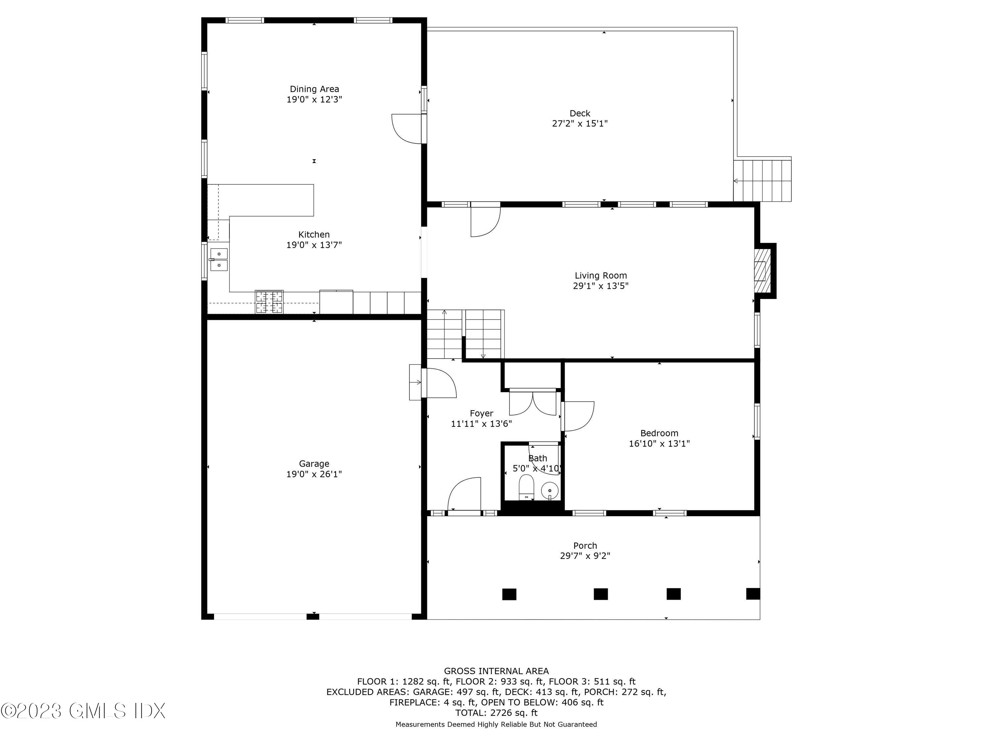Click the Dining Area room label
coord(314,89)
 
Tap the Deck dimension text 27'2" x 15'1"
coord(580,124)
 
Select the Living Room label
coord(601,275)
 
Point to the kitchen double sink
coord(219,260)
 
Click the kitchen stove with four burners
coord(269,302)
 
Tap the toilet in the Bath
coord(526,488)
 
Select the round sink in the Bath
coord(549,490)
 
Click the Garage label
coord(314,464)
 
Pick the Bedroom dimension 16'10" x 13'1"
coord(659,444)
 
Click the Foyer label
coord(481,413)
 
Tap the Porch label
coord(585,546)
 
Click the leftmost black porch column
coord(509,594)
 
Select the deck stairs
coord(762,180)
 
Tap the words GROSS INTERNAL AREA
coord(496,671)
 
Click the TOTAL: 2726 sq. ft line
coord(496,713)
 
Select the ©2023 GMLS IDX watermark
coord(83,711)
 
